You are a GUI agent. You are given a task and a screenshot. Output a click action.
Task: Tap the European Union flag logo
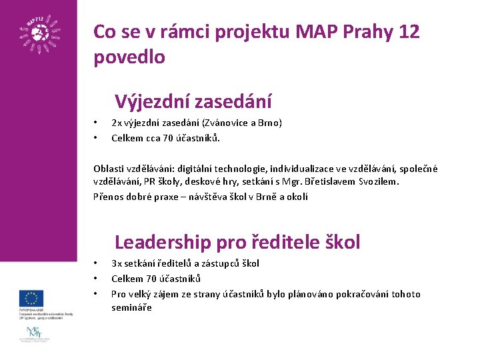coord(31,297)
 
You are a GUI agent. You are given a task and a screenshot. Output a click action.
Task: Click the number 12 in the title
coord(408,31)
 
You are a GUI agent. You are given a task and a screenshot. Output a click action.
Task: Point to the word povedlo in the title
coord(129,57)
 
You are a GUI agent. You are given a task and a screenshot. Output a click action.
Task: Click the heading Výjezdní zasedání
coord(193,101)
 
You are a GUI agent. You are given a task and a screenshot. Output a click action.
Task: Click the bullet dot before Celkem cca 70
coord(96,138)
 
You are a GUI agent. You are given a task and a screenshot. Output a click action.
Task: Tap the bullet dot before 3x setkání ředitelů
coord(96,263)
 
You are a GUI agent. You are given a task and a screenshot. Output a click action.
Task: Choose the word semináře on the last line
coord(131,307)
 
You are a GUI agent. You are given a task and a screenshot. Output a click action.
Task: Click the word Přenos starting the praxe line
coord(107,196)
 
